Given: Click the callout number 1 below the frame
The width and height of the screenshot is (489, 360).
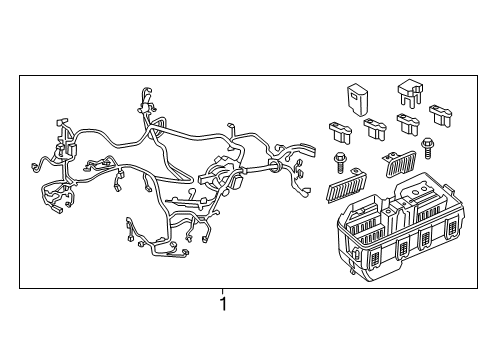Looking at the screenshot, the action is [x=223, y=304].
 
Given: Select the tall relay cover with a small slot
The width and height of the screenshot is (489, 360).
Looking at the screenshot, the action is [x=358, y=99].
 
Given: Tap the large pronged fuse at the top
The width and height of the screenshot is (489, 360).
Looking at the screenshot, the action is [x=410, y=93].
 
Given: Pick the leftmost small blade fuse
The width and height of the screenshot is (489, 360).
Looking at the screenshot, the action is [x=340, y=133].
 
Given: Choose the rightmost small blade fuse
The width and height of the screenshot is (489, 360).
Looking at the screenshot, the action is [x=440, y=115].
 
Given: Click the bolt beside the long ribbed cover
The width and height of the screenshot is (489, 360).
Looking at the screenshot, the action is [x=340, y=162].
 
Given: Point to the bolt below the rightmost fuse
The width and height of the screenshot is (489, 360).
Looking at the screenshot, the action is [x=427, y=148].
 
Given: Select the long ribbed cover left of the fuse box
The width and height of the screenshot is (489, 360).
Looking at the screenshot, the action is [x=346, y=186].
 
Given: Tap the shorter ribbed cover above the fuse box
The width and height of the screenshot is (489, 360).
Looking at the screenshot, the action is [x=400, y=163].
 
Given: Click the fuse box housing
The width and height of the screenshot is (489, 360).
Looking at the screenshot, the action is [x=399, y=227].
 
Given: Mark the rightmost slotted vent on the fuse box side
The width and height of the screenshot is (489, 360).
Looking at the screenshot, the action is [x=453, y=229].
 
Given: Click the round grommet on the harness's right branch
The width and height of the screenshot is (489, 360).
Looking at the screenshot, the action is [x=274, y=165].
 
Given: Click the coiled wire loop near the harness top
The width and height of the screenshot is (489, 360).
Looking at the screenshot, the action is [x=158, y=127].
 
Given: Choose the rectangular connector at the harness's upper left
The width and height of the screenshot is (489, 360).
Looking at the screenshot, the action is [x=62, y=122].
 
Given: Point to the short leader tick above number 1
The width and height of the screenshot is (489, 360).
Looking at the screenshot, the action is [x=223, y=291].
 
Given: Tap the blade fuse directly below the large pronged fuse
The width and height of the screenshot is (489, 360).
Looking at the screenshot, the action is [x=408, y=124].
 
